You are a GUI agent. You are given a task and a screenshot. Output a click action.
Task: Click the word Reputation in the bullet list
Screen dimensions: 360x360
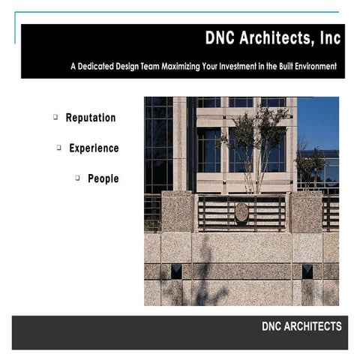click(x=91, y=118)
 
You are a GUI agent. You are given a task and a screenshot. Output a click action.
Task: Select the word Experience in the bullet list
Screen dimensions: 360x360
click(x=94, y=148)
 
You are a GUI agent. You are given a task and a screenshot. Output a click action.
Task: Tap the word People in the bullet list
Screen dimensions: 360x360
click(x=103, y=179)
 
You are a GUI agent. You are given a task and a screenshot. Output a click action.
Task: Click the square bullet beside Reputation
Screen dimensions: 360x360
click(x=55, y=117)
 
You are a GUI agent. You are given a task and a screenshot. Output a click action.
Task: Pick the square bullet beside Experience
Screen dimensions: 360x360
click(x=58, y=148)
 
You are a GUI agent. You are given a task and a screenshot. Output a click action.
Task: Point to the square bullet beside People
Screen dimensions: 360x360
click(x=78, y=178)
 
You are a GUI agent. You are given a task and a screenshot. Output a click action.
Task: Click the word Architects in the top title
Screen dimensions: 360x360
click(x=275, y=38)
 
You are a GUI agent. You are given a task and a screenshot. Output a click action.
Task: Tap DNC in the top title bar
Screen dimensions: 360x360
click(x=221, y=38)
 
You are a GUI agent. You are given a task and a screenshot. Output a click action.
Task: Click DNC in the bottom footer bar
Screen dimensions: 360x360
click(x=272, y=326)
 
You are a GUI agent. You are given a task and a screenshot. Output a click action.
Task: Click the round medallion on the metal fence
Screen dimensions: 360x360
click(x=241, y=212)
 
